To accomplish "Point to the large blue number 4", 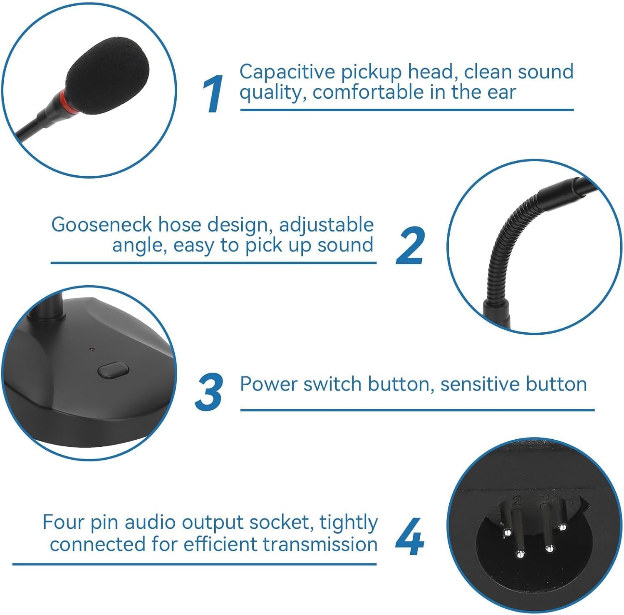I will coord(409,537).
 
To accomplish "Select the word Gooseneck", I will coord(102,225).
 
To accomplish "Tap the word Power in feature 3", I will coord(268,384).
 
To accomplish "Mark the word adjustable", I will coord(326,225).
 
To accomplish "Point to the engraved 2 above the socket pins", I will coord(518,500).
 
